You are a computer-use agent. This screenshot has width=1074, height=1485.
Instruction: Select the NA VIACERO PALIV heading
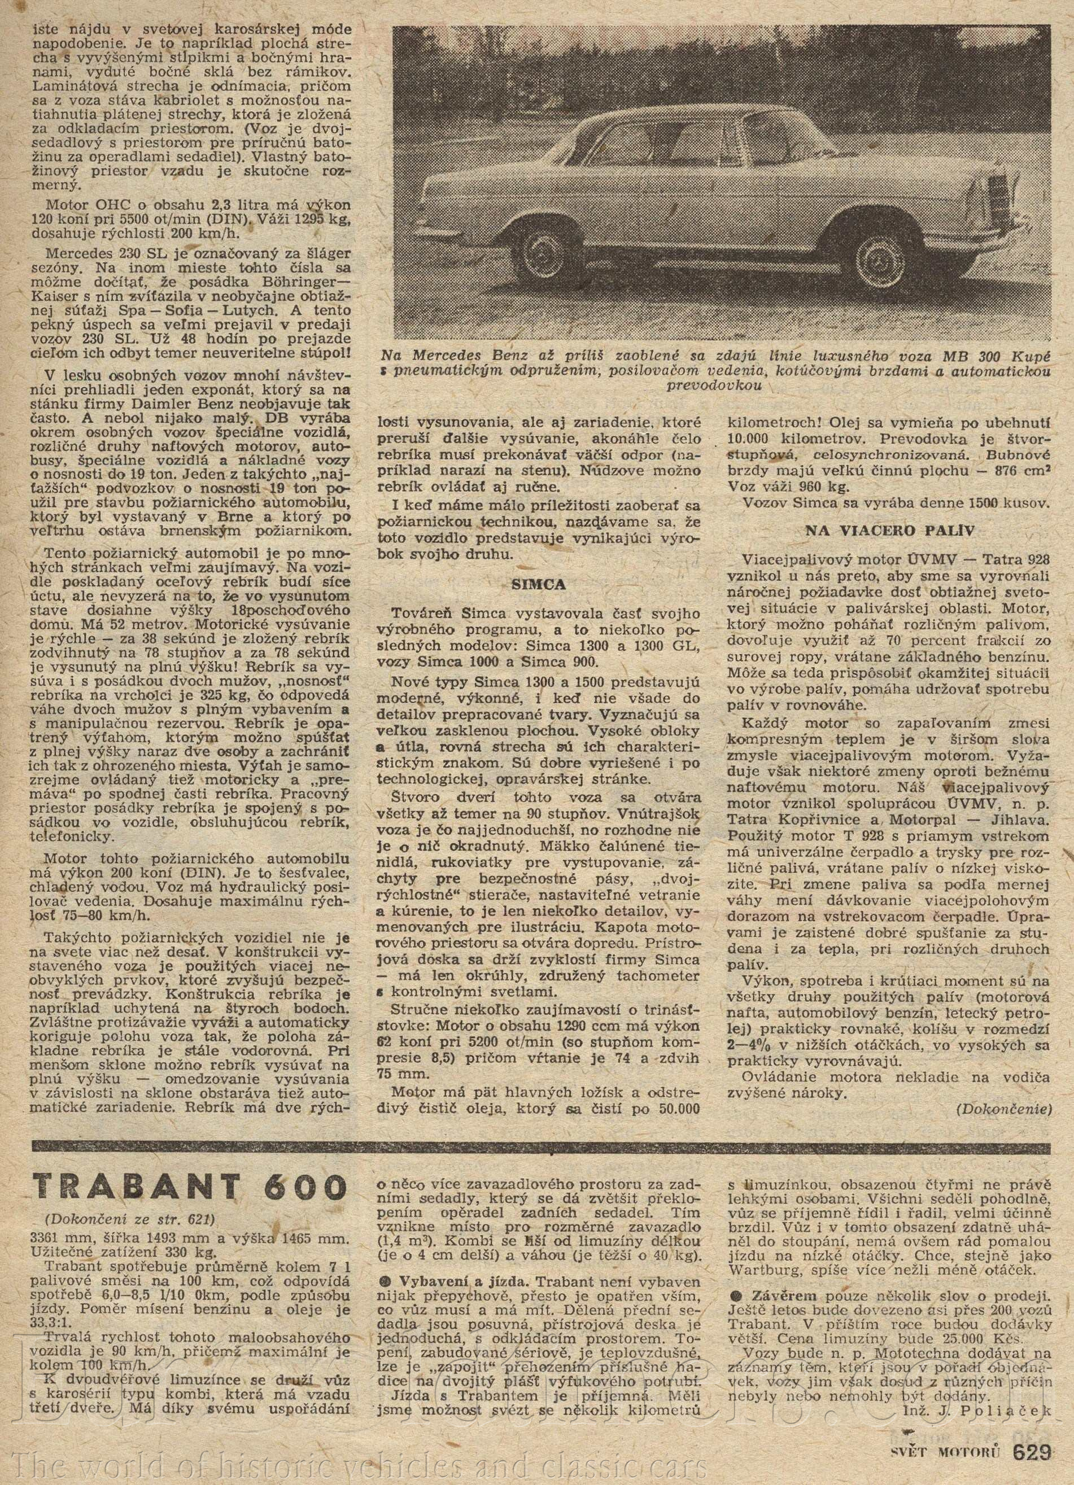889,531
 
